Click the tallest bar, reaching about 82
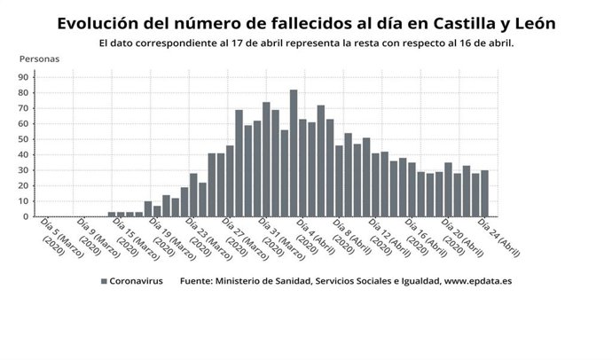coord(294,153)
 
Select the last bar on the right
coord(484,193)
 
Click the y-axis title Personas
coord(39,59)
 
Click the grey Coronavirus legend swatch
coord(104,281)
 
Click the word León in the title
coord(534,23)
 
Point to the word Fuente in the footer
coord(199,281)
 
